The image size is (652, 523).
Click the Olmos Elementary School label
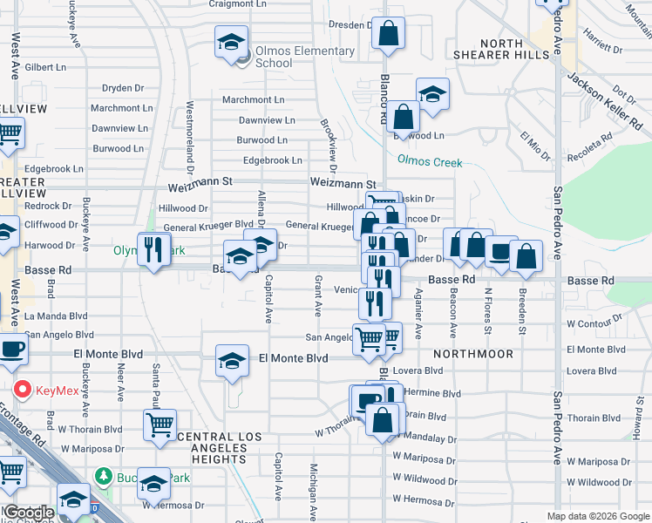click(299, 57)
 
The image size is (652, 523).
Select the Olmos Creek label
click(430, 160)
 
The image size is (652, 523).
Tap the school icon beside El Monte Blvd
click(232, 359)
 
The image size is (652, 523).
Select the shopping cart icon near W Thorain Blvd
click(160, 425)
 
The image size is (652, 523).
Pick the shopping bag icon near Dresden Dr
click(388, 34)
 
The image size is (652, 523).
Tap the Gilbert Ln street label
click(46, 66)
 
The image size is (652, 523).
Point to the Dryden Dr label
click(123, 88)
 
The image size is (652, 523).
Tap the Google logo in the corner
click(29, 513)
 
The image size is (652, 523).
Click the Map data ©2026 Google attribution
click(597, 516)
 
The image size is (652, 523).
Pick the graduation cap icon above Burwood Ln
click(431, 93)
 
